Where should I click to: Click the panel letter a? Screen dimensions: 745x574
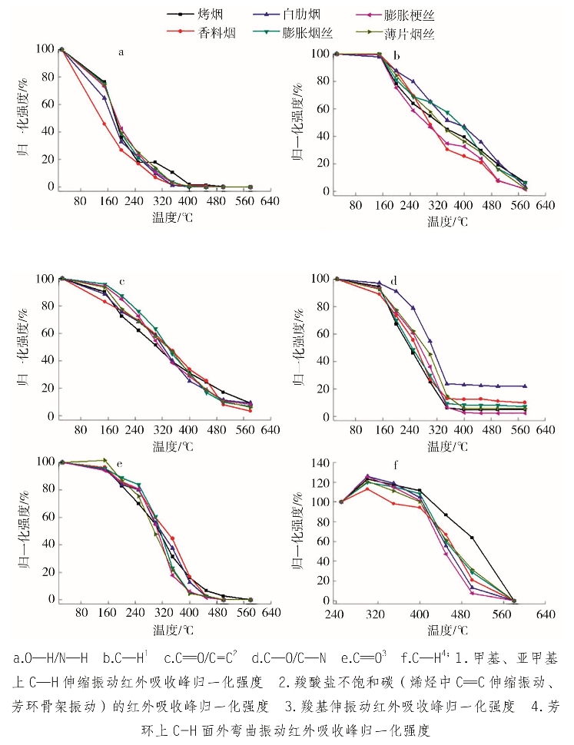click(121, 52)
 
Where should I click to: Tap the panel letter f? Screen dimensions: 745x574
click(395, 465)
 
